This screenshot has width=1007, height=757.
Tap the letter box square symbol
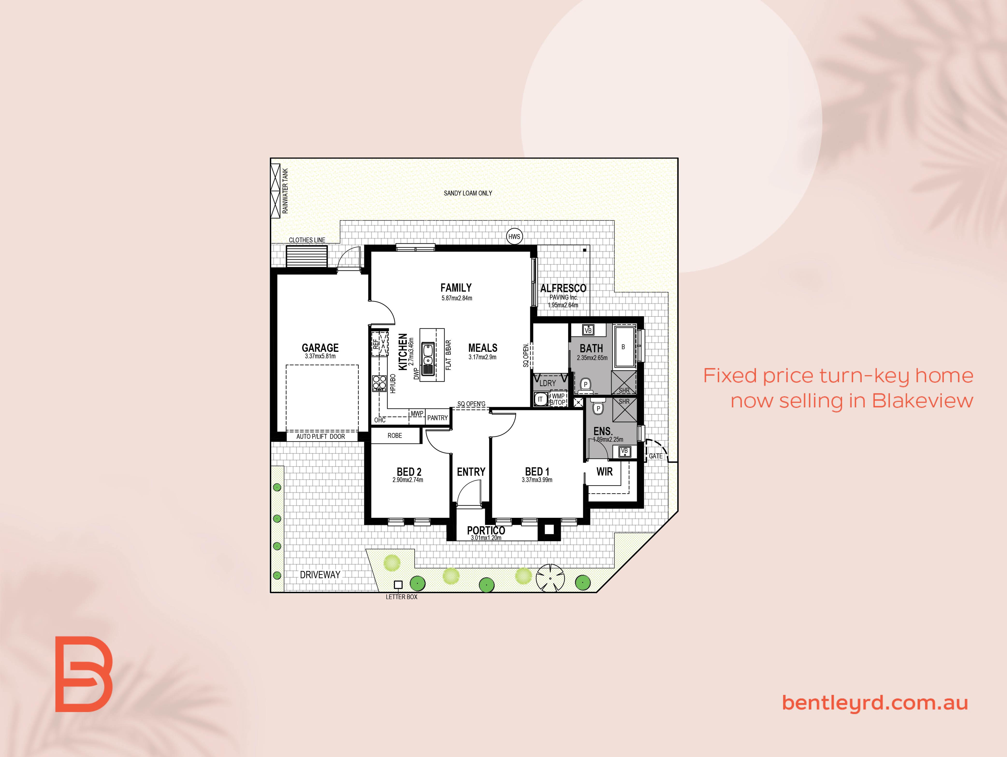tap(398, 584)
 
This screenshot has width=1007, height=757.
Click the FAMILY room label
tap(456, 288)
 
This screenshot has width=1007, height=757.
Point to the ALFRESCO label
tap(563, 288)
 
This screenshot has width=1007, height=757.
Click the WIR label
tap(605, 472)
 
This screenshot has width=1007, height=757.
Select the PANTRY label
tap(437, 418)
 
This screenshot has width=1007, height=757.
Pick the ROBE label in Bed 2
tap(395, 436)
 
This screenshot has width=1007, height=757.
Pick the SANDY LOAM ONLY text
tap(468, 193)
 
